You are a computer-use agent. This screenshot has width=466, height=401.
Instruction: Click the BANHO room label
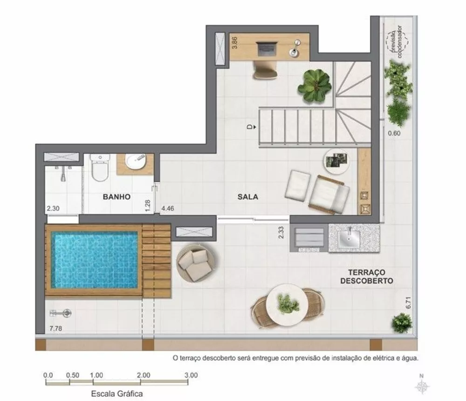pos(116,197)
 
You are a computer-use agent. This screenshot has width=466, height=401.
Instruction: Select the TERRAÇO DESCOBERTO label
pos(366,276)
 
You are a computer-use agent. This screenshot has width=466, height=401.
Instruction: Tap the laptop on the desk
pos(267,47)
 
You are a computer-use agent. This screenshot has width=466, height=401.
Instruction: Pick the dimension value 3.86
pos(235,43)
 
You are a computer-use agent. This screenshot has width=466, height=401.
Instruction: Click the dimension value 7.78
pos(55,329)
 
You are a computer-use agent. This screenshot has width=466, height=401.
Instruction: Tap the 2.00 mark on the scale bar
pos(144,375)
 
